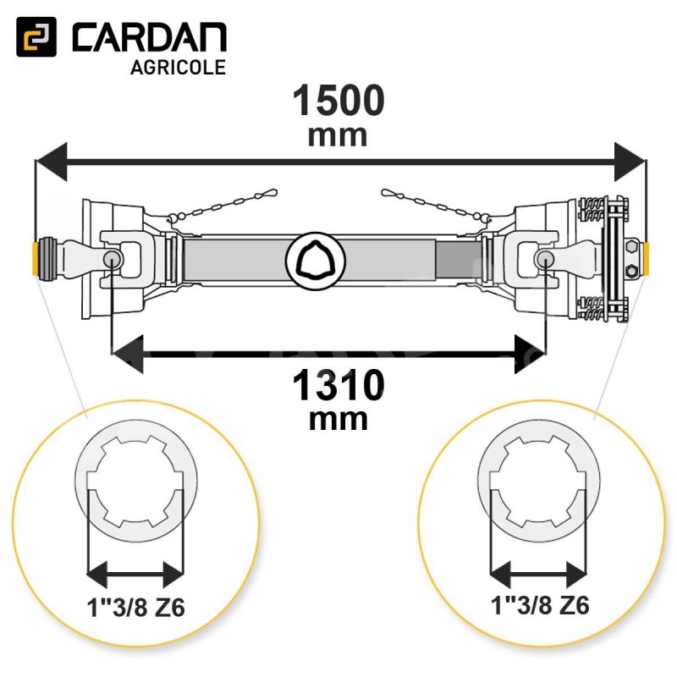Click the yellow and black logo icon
(36, 37)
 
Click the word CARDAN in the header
(150, 38)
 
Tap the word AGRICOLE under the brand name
(179, 68)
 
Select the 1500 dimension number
(338, 101)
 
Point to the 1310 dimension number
(338, 385)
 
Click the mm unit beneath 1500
(338, 136)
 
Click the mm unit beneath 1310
(338, 420)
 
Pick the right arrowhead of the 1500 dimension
(630, 162)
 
